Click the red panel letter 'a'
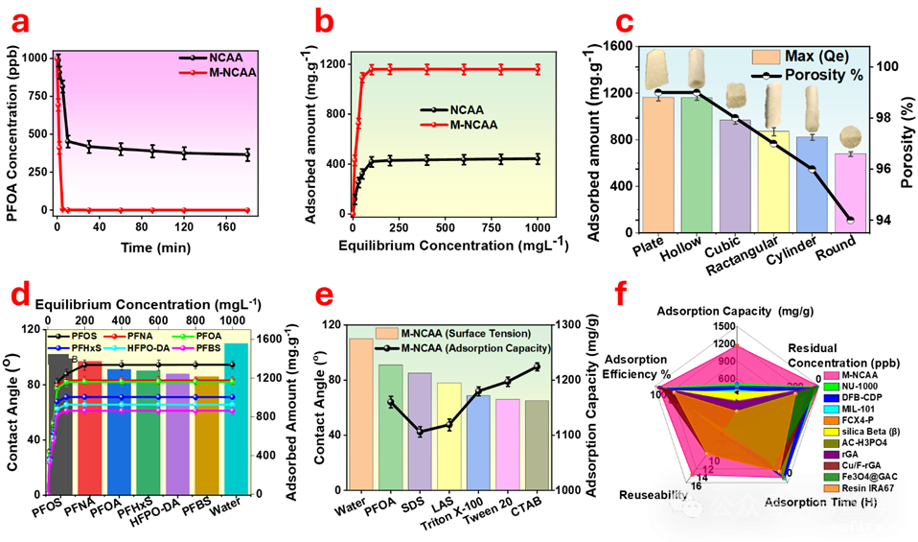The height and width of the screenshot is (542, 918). [19, 23]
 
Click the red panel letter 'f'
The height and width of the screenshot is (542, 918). [621, 295]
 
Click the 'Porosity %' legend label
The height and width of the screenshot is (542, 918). [824, 75]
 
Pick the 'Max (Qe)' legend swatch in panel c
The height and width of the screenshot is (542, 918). [766, 57]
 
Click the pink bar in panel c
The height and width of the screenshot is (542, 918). [851, 192]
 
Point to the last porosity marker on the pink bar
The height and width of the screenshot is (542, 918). [851, 221]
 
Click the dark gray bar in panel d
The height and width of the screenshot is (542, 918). [59, 427]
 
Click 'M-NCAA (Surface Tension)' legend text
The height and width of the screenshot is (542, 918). [466, 333]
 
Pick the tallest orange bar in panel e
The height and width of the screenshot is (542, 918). [361, 412]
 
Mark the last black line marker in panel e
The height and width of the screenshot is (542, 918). [537, 366]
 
